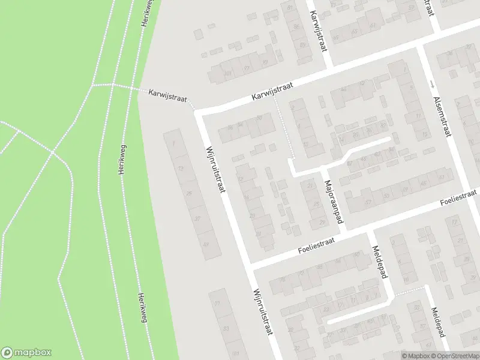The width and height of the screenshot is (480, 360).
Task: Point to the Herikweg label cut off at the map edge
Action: pyautogui.click(x=145, y=12)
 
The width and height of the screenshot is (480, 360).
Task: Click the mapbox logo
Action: pyautogui.click(x=26, y=352)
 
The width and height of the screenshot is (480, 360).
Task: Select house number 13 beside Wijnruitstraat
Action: pyautogui.click(x=181, y=169)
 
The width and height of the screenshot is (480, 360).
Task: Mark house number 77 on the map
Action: pyautogui.click(x=217, y=303)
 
